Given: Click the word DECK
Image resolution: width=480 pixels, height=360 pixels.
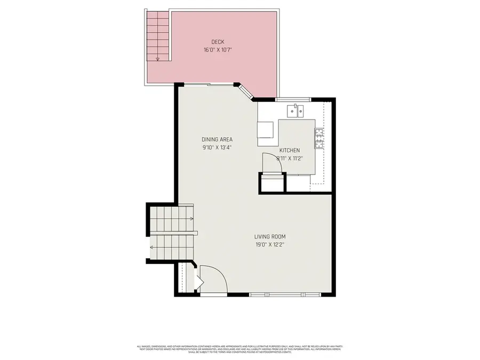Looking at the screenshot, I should pyautogui.click(x=217, y=42).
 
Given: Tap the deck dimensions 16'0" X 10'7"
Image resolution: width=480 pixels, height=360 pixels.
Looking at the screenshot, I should pyautogui.click(x=217, y=50).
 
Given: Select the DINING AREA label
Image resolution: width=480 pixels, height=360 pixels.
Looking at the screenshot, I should pyautogui.click(x=217, y=140).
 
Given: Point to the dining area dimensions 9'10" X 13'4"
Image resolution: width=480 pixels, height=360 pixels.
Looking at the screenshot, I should pyautogui.click(x=217, y=147).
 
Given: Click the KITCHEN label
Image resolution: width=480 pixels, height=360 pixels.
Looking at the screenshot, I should pyautogui.click(x=290, y=150).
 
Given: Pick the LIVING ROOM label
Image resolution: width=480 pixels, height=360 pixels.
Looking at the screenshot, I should pyautogui.click(x=270, y=237).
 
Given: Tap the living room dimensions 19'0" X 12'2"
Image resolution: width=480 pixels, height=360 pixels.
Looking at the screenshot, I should pyautogui.click(x=270, y=244).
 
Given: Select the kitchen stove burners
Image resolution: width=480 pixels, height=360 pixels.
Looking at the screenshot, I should pyautogui.click(x=319, y=138).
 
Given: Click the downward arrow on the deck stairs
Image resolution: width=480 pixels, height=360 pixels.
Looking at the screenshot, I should pyautogui.click(x=157, y=59).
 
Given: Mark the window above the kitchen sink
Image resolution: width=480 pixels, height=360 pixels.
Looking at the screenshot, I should pyautogui.click(x=293, y=99).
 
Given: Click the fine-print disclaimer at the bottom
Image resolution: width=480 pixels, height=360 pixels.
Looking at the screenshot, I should pyautogui.click(x=239, y=349).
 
